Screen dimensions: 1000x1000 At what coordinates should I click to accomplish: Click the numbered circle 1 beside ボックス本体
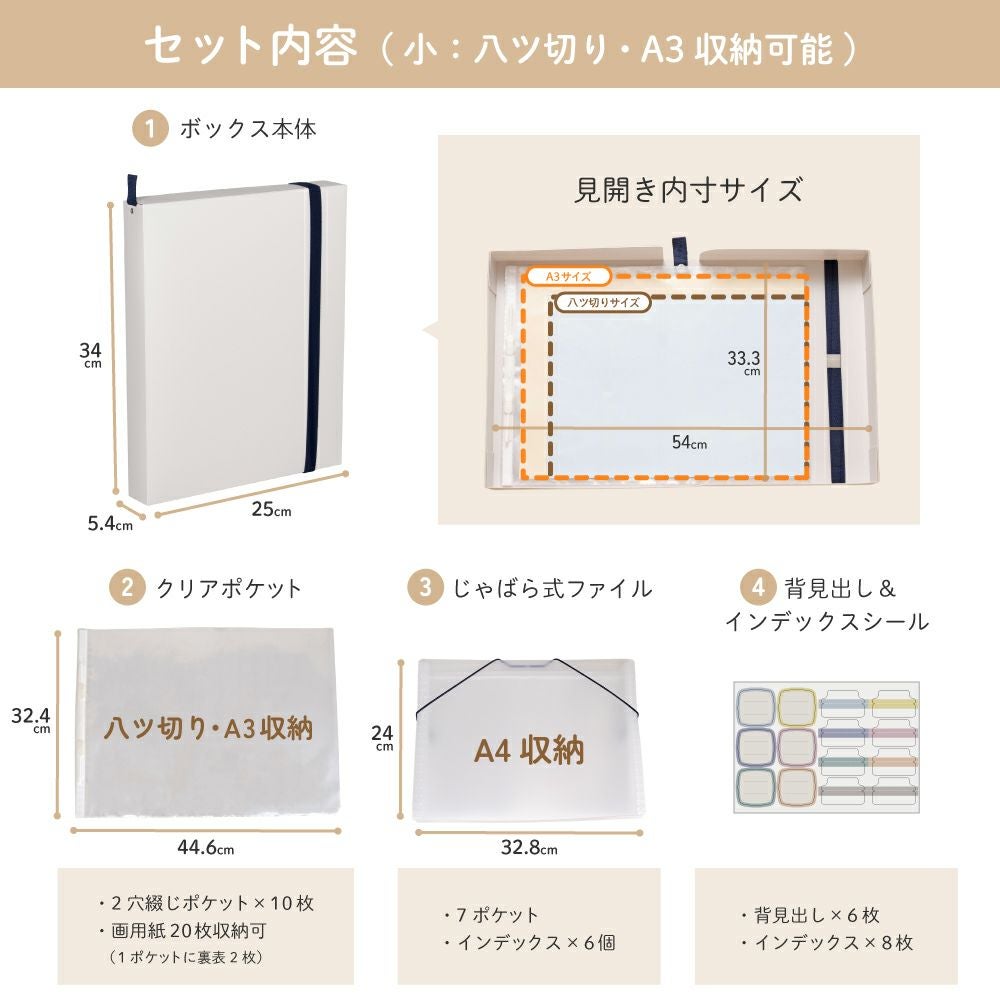coord(150,129)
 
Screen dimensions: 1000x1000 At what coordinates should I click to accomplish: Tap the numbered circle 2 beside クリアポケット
coord(127,587)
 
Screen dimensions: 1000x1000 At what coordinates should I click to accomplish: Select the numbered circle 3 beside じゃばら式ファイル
coord(425,587)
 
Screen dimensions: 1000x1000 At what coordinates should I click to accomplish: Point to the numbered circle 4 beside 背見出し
coord(758,587)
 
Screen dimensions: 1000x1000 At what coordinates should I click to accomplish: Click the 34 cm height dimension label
coord(91,354)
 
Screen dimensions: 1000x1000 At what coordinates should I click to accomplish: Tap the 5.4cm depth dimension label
coord(110,524)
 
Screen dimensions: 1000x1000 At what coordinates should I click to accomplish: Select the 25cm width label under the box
coord(271,509)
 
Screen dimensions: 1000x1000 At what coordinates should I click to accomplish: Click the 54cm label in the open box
coord(689,442)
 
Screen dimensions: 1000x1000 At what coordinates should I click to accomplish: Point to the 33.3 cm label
coord(744,362)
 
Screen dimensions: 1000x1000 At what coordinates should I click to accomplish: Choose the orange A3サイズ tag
coord(568,277)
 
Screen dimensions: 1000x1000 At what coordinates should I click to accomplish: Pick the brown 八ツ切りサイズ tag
coord(603,302)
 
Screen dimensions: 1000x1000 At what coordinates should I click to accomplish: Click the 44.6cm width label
coord(205,848)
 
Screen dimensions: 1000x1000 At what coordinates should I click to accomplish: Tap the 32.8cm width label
coord(529,848)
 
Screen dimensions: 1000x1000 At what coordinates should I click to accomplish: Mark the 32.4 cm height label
coord(31,720)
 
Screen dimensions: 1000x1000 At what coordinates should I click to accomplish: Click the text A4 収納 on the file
coord(529,750)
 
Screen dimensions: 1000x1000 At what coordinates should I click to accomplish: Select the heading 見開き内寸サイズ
coord(689,190)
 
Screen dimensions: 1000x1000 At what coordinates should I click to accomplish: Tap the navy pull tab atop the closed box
coord(131,190)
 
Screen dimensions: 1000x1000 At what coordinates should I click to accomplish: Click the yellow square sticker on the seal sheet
coord(797,707)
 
